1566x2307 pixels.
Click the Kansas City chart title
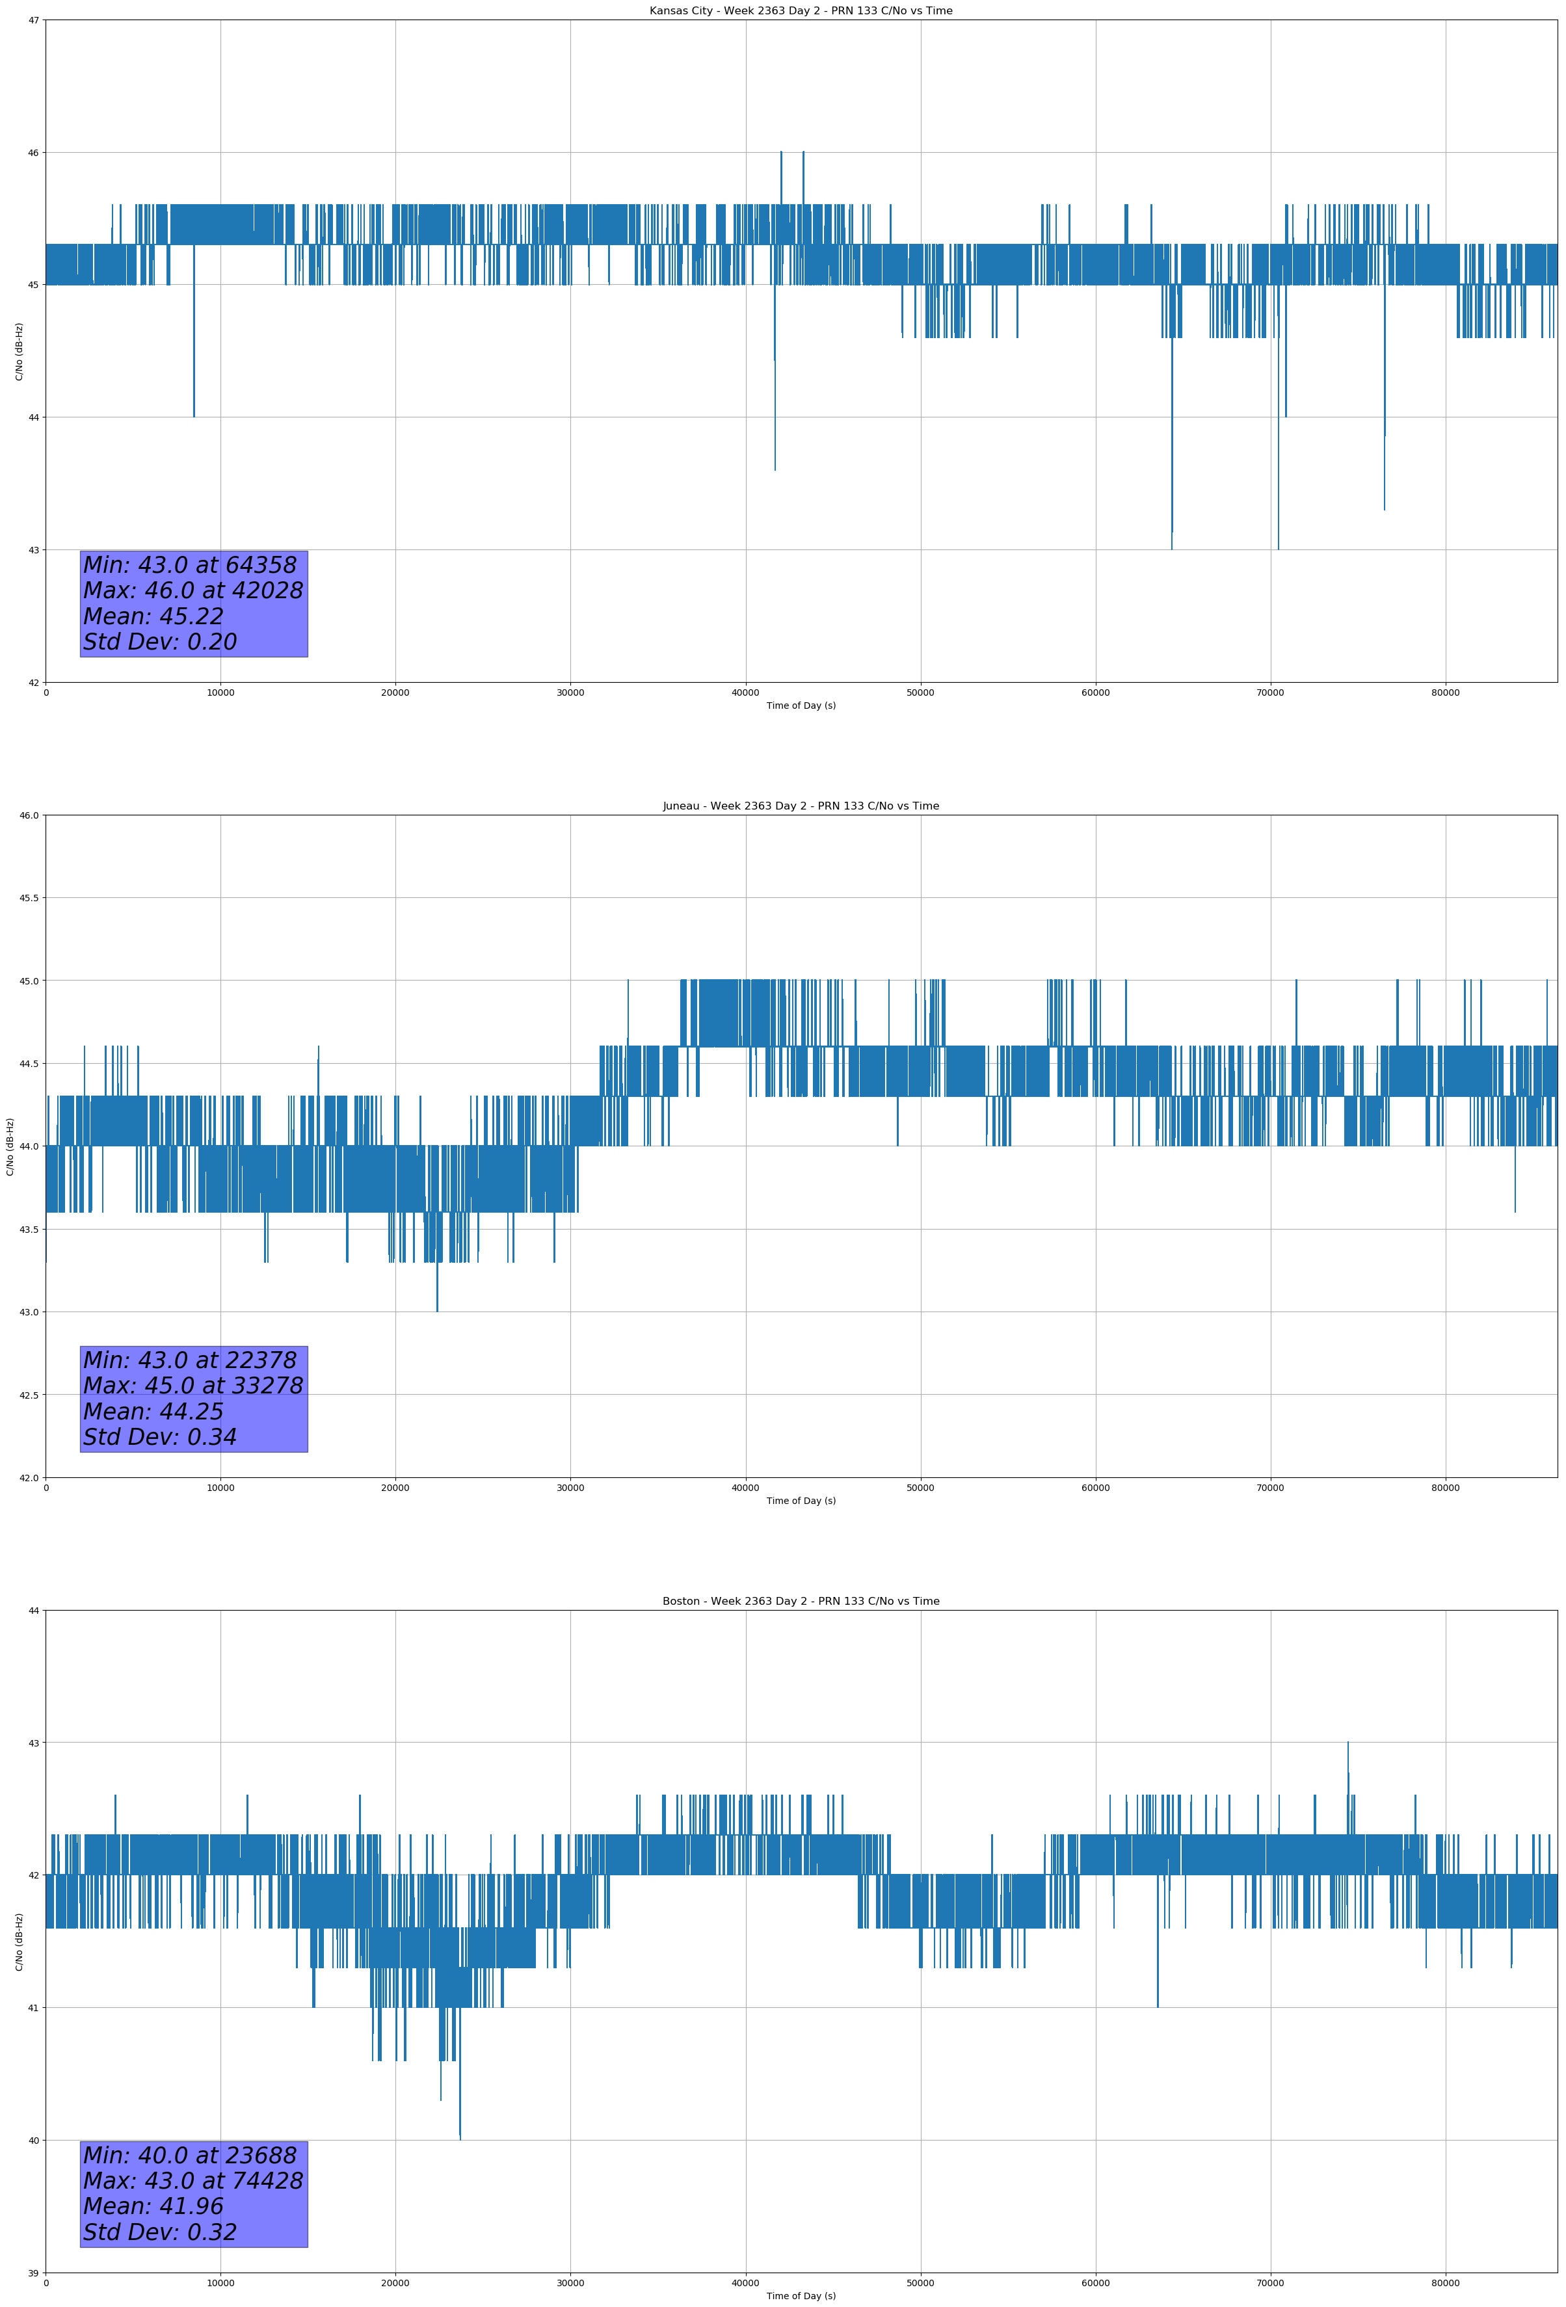tap(801, 11)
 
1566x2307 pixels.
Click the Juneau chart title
tap(801, 806)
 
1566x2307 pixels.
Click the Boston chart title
tap(801, 1602)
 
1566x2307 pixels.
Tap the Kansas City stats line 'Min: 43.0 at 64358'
tap(190, 565)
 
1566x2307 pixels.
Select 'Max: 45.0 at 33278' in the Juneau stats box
tap(192, 1386)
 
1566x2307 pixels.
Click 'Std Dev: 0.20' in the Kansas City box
tap(160, 642)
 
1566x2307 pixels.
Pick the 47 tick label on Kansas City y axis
tap(34, 21)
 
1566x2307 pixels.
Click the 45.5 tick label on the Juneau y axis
tap(28, 899)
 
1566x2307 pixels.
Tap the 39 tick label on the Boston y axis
tap(34, 2273)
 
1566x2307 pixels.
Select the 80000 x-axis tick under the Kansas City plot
tap(1445, 693)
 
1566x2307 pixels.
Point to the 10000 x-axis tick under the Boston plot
tap(220, 2283)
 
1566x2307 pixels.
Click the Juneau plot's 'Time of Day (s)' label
tap(801, 1501)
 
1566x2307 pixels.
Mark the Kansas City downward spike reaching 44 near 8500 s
tap(194, 412)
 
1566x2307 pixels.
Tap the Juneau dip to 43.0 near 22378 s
tap(437, 1308)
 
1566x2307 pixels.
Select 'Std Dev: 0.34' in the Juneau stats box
tap(160, 1438)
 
